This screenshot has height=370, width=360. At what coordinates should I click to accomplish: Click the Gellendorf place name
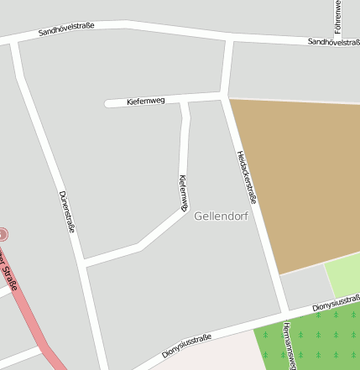[x=221, y=216]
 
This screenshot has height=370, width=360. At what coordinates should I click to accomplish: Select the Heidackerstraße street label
[x=246, y=177]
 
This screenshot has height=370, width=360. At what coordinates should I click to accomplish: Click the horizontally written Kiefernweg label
[x=145, y=101]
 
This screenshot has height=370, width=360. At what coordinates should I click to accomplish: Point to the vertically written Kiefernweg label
[x=183, y=192]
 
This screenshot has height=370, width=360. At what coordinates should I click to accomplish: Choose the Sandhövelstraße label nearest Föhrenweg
[x=333, y=41]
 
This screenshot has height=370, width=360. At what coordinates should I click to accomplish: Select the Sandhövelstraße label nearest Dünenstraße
[x=66, y=30]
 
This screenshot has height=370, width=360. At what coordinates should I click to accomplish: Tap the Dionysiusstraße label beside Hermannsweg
[x=336, y=304]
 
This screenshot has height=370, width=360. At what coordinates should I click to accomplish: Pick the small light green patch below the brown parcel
[x=343, y=278]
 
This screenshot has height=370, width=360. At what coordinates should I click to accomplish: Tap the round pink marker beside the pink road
[x=3, y=235]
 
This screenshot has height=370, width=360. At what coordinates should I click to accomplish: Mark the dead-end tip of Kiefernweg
[x=107, y=103]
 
